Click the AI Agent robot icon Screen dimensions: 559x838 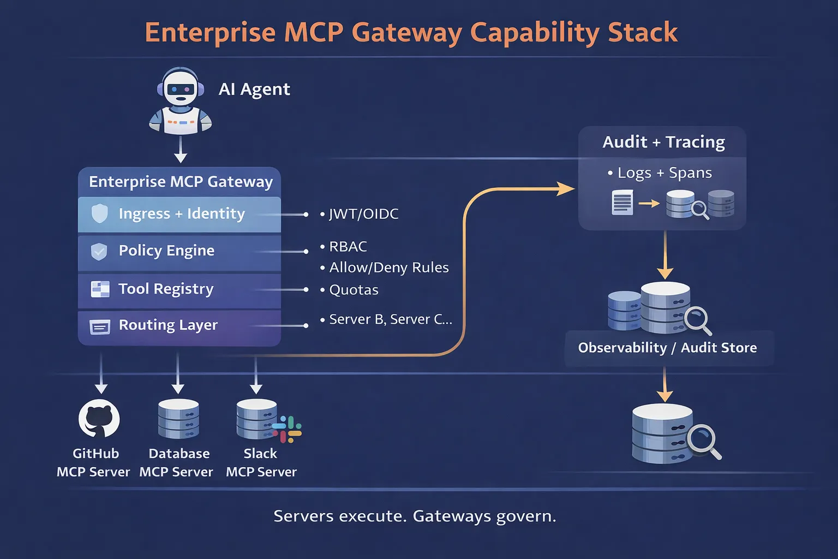pos(180,101)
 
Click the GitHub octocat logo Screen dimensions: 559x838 pos(99,419)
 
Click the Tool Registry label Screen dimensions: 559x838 pos(166,289)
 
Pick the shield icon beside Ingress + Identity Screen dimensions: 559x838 pos(99,213)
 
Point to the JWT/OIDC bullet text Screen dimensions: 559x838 pos(363,214)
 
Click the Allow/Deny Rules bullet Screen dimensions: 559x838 pos(388,267)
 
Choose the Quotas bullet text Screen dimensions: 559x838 pos(354,290)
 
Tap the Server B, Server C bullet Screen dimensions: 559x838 pos(390,319)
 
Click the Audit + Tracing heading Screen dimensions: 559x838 pos(663,142)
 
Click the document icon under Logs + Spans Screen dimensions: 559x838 pos(622,203)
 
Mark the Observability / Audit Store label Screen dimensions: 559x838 pos(667,348)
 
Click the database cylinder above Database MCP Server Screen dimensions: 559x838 pos(178,419)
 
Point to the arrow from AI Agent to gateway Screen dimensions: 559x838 pos(181,150)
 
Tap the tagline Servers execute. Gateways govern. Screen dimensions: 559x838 pos(415,516)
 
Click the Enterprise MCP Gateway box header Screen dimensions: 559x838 pos(181,182)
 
